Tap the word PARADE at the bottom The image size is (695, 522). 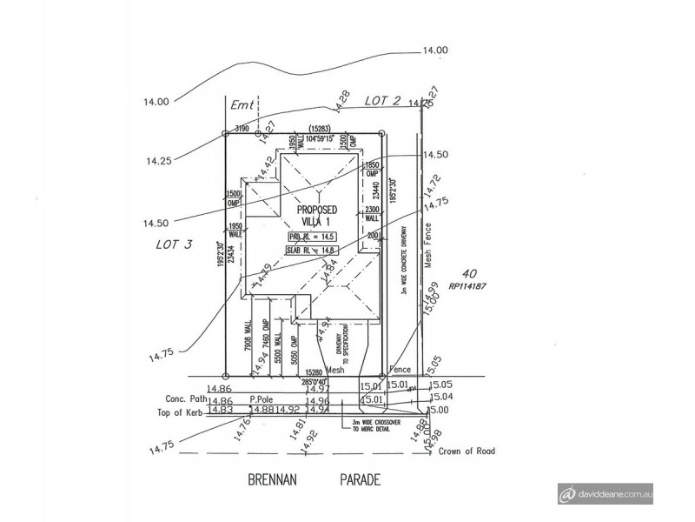click(360, 479)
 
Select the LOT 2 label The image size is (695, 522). click(382, 101)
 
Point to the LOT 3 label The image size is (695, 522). click(175, 245)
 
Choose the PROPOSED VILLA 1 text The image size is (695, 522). click(317, 216)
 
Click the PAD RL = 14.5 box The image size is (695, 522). click(312, 237)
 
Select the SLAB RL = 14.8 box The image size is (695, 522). click(312, 251)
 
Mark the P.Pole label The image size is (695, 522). click(263, 400)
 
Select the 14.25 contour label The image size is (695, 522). click(159, 161)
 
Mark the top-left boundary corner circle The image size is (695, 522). click(226, 133)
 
